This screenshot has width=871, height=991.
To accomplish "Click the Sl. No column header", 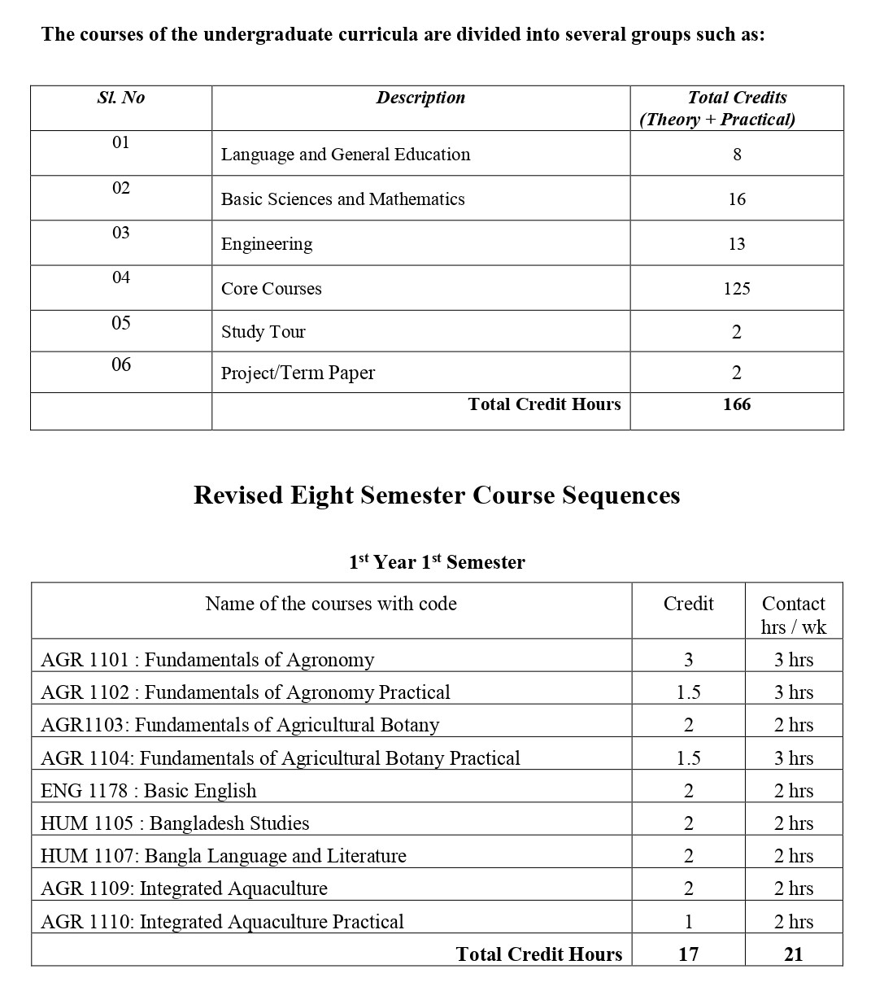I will click(120, 98).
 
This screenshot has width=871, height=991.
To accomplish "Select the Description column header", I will click(420, 98).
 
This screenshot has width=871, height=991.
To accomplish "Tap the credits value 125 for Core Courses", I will click(737, 289).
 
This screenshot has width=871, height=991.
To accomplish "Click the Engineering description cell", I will click(267, 244).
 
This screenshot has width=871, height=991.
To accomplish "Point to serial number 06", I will click(121, 365).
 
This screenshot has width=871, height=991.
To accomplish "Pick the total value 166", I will click(737, 404).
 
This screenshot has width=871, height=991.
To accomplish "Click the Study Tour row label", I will click(263, 332).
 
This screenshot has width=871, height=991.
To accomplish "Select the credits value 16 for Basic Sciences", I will click(737, 199).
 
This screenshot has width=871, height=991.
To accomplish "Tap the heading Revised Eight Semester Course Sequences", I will click(437, 495).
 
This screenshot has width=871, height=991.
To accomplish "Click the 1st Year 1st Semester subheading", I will click(437, 562).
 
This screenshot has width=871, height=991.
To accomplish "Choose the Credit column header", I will click(688, 604).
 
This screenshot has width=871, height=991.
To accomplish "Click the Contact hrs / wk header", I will click(793, 615).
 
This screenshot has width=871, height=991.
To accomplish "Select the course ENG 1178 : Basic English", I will click(148, 791).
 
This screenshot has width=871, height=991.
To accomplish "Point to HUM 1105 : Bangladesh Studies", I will click(175, 823).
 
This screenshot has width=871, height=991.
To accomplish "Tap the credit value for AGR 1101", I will click(688, 660).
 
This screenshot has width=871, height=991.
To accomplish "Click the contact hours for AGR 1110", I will click(793, 922).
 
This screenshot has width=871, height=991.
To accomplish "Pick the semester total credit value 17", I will click(688, 954).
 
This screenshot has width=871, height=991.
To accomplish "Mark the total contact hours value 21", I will click(793, 954).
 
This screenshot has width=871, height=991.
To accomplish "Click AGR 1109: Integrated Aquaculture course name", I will click(184, 888).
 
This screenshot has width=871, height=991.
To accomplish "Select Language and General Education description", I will click(346, 155).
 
